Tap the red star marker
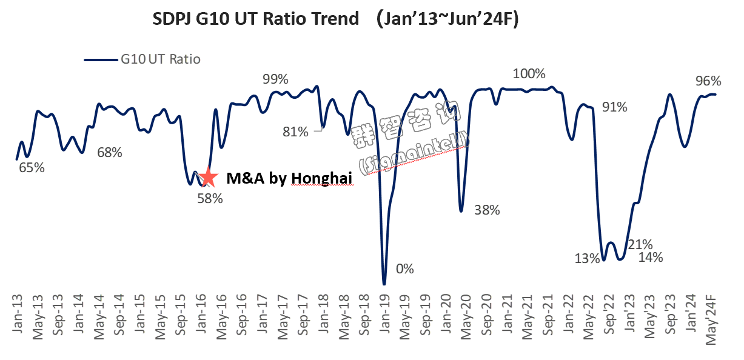tap(208, 176)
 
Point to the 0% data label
tap(404, 268)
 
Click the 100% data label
tap(529, 74)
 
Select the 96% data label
tap(708, 81)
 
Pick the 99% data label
tap(275, 79)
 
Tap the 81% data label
tap(295, 131)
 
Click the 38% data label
tap(487, 210)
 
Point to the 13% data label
tap(586, 259)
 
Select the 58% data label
tap(210, 198)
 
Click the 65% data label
tap(32, 168)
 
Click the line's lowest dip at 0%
tap(384, 284)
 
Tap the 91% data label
tap(614, 107)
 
